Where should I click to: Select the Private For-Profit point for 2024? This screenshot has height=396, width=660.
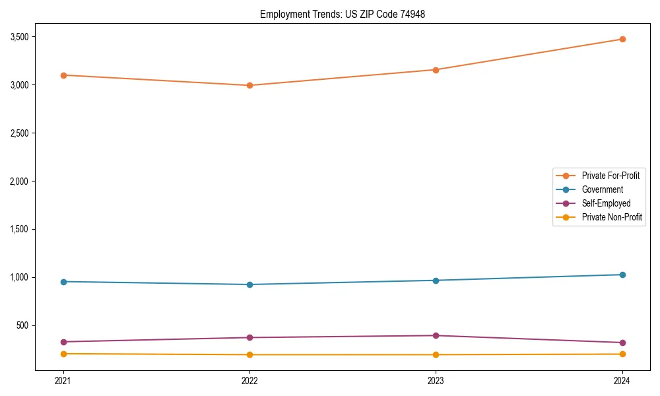(x=622, y=39)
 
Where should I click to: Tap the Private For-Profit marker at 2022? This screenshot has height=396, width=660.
(x=249, y=85)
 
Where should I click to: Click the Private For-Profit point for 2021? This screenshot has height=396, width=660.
(x=63, y=75)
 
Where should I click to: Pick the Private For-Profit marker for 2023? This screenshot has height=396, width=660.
(x=436, y=70)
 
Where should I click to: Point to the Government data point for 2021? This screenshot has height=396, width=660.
(x=63, y=282)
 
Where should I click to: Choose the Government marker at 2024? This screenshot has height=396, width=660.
(x=622, y=275)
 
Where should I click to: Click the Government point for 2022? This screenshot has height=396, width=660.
(x=249, y=284)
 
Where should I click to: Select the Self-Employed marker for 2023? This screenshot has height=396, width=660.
(x=436, y=336)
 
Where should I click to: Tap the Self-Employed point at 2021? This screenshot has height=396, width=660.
(x=63, y=342)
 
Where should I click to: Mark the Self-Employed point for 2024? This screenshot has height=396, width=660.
(x=622, y=343)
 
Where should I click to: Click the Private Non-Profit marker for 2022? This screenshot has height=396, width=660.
(x=249, y=354)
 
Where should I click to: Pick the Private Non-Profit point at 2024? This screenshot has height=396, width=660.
(x=622, y=354)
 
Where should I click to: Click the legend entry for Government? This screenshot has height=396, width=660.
(x=602, y=189)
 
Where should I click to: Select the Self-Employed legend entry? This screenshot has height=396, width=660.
(x=606, y=203)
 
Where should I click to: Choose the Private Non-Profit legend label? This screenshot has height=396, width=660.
(x=612, y=217)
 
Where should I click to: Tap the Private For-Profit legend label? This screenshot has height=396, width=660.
(x=610, y=176)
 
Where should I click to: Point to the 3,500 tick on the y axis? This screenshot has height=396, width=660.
(x=20, y=37)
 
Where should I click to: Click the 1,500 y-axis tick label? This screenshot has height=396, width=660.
(x=20, y=229)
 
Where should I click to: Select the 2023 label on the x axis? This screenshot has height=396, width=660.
(x=436, y=380)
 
